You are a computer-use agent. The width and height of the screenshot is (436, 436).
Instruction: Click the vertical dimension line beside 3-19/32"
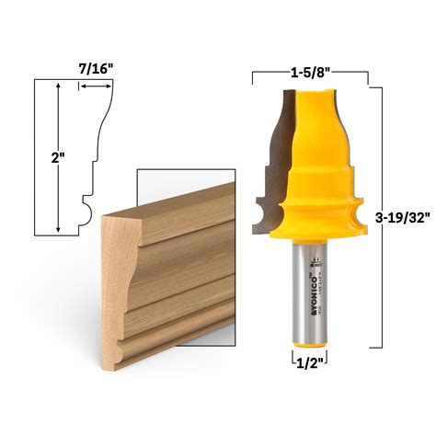pyautogui.click(x=371, y=217)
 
